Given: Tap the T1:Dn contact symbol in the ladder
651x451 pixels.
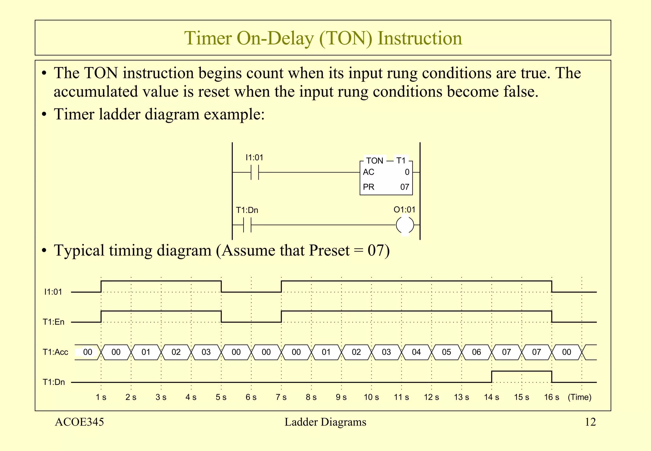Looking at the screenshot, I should point(247,225).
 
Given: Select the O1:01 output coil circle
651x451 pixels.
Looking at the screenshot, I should point(405,225).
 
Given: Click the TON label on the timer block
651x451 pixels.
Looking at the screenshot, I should point(374,161).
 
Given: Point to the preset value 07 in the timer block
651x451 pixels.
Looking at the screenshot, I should point(404,187).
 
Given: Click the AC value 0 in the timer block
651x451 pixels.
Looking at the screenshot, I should point(407,172).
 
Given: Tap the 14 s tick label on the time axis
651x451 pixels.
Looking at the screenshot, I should point(491,397).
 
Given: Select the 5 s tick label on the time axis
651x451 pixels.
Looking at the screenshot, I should point(221,397).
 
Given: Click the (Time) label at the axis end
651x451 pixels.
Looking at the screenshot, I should point(579,397).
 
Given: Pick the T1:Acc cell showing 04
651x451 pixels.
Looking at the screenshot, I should point(416,352).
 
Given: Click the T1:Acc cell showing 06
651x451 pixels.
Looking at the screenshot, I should point(476,352).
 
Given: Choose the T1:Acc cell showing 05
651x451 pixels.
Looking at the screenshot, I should point(446,352).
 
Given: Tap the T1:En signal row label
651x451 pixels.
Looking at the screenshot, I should point(54,322).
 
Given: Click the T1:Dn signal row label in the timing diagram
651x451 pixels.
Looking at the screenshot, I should point(54,382).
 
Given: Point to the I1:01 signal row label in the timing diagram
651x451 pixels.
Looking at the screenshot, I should point(53,292).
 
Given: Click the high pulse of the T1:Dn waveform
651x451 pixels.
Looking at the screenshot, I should point(521,371).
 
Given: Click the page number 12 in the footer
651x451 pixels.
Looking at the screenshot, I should point(590,422).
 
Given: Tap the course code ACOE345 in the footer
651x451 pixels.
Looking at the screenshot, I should point(79,422).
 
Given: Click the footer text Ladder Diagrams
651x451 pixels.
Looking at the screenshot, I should point(325,422).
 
